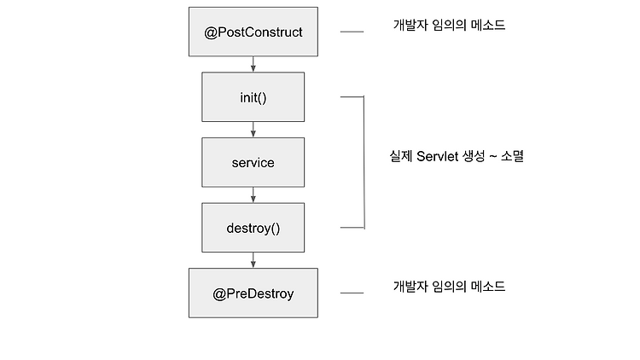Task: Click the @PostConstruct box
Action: [253, 32]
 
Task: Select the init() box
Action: [253, 96]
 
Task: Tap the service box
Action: [253, 162]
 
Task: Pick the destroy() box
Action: [253, 228]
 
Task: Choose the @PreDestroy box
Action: [253, 293]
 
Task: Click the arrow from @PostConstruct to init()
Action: [253, 64]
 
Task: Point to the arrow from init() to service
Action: [253, 130]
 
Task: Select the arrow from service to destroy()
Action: [253, 195]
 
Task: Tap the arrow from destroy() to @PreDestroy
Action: [253, 260]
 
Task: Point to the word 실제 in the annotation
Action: [401, 156]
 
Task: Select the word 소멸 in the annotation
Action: [512, 156]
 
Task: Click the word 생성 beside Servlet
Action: [474, 156]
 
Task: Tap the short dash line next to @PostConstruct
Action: [352, 32]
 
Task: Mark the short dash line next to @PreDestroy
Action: [352, 293]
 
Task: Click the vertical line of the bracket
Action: [364, 162]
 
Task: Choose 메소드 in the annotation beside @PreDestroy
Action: [488, 287]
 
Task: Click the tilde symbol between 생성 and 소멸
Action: [492, 156]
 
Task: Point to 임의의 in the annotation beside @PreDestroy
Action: [450, 287]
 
